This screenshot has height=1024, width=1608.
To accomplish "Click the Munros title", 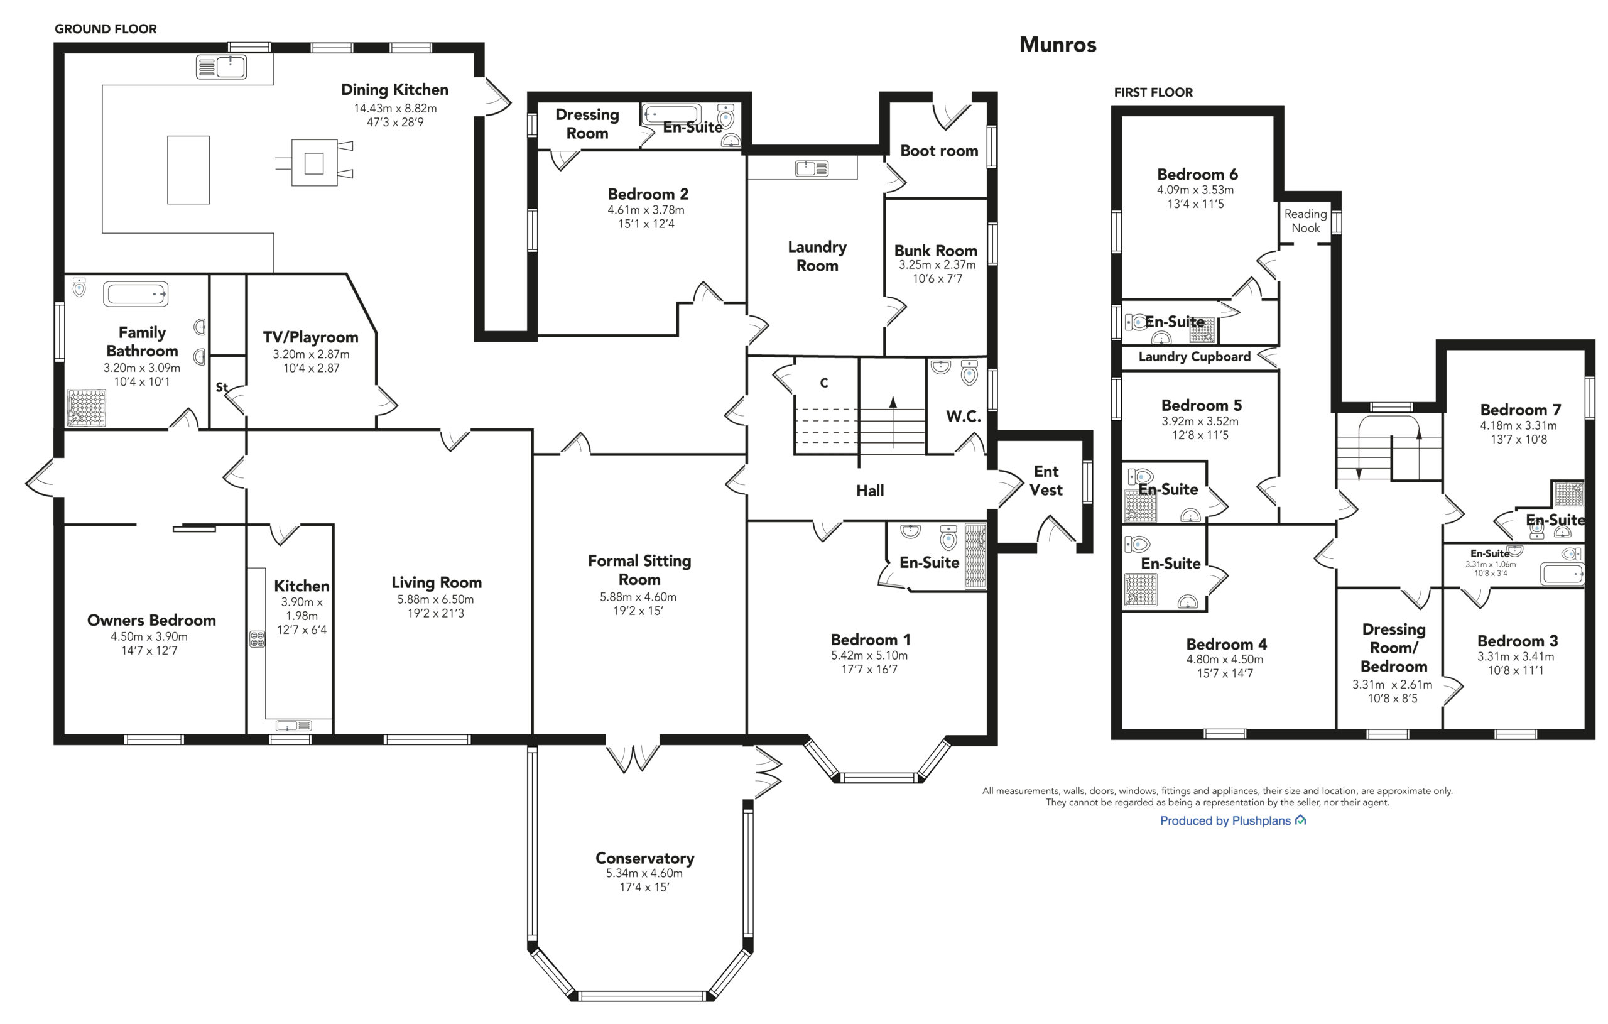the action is pyautogui.click(x=1058, y=45).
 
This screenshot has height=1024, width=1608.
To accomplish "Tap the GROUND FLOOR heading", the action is pyautogui.click(x=106, y=29).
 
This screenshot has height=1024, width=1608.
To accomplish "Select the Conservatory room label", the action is pyautogui.click(x=644, y=858).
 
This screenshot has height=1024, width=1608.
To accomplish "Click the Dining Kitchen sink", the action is pyautogui.click(x=221, y=67).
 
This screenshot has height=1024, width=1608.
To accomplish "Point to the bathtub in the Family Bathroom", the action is pyautogui.click(x=136, y=294).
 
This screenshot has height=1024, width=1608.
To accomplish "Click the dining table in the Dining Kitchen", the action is pyautogui.click(x=314, y=163).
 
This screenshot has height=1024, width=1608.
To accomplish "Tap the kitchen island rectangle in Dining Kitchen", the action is pyautogui.click(x=188, y=170).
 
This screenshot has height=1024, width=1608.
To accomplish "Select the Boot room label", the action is pyautogui.click(x=939, y=151).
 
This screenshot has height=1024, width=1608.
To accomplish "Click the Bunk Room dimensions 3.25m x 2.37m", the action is pyautogui.click(x=937, y=264).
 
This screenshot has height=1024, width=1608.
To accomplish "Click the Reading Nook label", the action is pyautogui.click(x=1305, y=221).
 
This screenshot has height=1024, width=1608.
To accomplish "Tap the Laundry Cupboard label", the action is pyautogui.click(x=1194, y=357).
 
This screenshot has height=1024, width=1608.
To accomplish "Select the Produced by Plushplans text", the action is pyautogui.click(x=1225, y=821).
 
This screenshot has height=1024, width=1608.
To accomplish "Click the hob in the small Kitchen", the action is pyautogui.click(x=257, y=640).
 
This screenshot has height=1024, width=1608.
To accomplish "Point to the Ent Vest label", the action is pyautogui.click(x=1046, y=480).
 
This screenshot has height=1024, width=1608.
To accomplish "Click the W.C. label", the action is pyautogui.click(x=963, y=416).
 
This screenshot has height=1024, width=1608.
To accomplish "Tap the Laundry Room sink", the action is pyautogui.click(x=812, y=168).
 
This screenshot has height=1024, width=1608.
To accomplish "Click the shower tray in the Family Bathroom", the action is pyautogui.click(x=87, y=407).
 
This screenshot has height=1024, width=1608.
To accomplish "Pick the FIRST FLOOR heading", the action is pyautogui.click(x=1153, y=92).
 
